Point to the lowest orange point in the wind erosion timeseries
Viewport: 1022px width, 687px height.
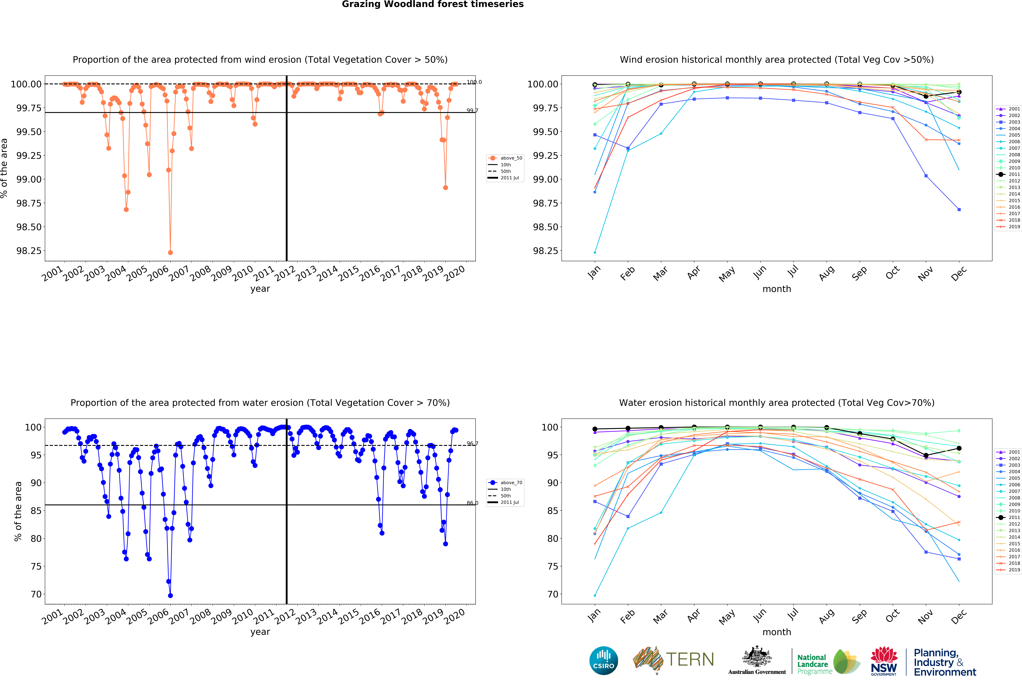tap(170, 253)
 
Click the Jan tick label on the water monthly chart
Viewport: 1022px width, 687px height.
tap(594, 616)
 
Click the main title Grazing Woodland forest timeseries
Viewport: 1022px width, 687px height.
tap(433, 4)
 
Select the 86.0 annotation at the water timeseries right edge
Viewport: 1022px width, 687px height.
tap(472, 503)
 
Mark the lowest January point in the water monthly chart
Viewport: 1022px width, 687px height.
tap(595, 595)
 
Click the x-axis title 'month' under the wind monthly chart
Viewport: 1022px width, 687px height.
tap(776, 289)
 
